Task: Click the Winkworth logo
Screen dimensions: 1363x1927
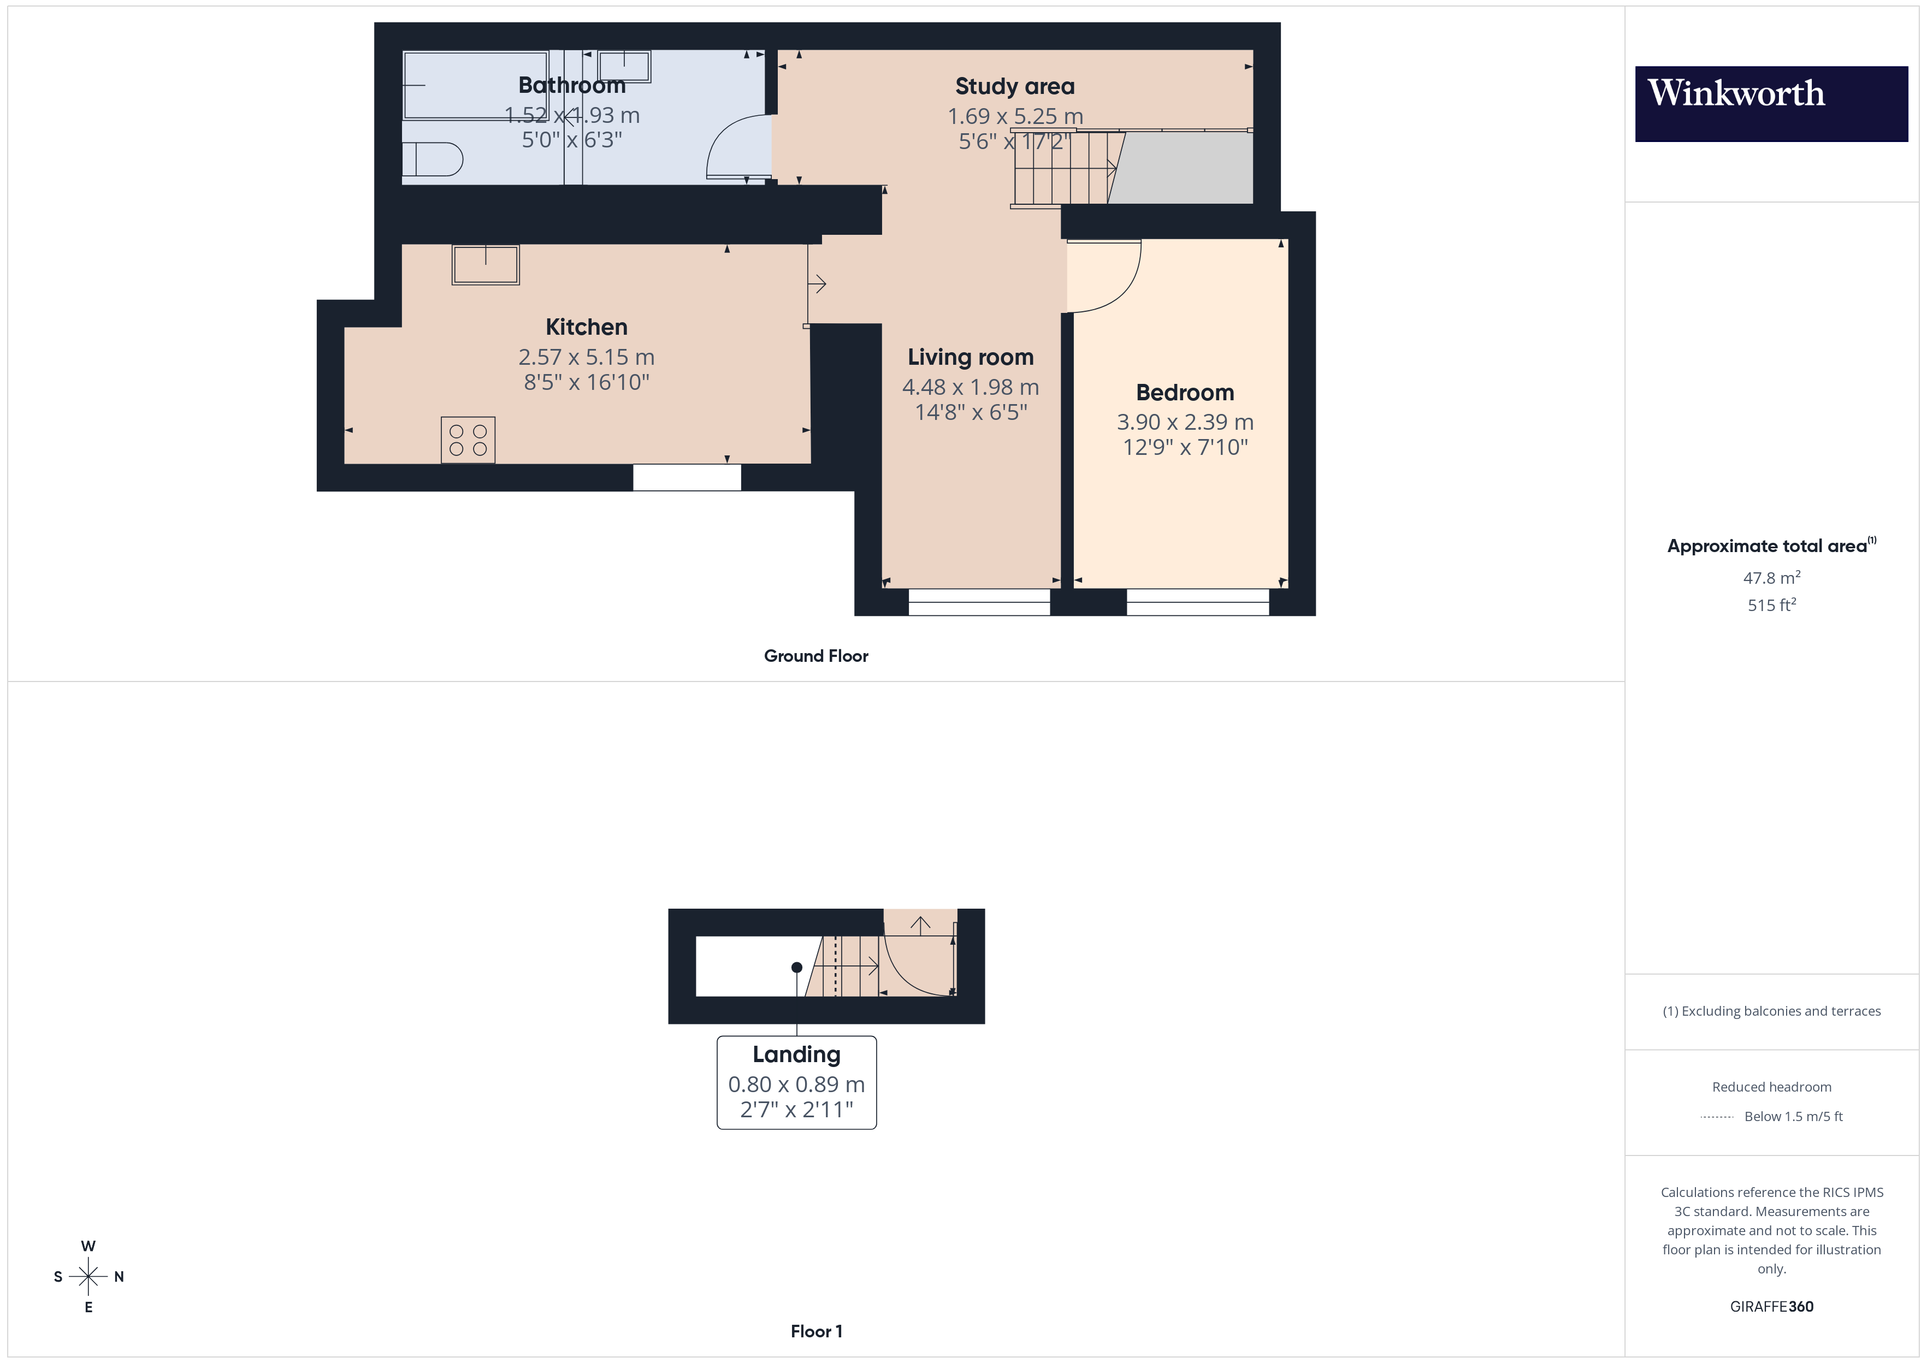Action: pyautogui.click(x=1771, y=103)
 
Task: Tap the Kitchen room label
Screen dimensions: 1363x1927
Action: pyautogui.click(x=586, y=327)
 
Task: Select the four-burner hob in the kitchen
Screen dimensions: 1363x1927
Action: pyautogui.click(x=468, y=440)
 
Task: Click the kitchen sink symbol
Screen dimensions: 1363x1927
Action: pyautogui.click(x=485, y=264)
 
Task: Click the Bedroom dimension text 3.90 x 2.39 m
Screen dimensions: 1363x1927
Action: pyautogui.click(x=1184, y=422)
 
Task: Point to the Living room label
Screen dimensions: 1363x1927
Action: pyautogui.click(x=970, y=357)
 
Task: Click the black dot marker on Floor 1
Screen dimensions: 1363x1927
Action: pyautogui.click(x=796, y=967)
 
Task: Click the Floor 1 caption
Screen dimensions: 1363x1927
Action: pyautogui.click(x=816, y=1331)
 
